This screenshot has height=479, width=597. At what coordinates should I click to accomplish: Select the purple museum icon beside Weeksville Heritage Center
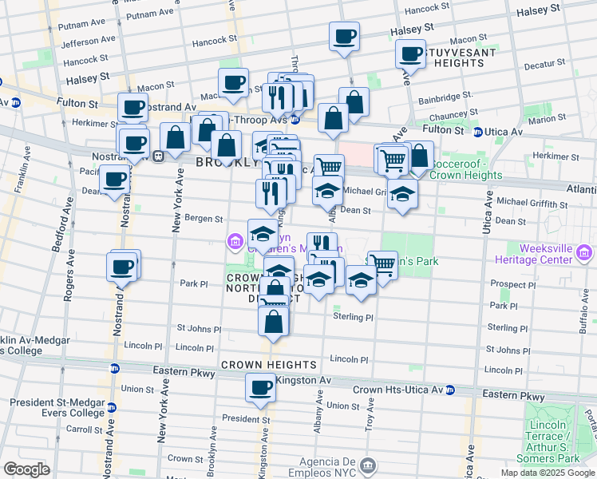tap(583, 254)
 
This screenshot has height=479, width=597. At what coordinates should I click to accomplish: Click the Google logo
tap(26, 469)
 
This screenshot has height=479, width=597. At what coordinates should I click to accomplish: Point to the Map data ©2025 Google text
tap(547, 473)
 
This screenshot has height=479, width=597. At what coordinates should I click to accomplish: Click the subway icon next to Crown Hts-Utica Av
tap(450, 390)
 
